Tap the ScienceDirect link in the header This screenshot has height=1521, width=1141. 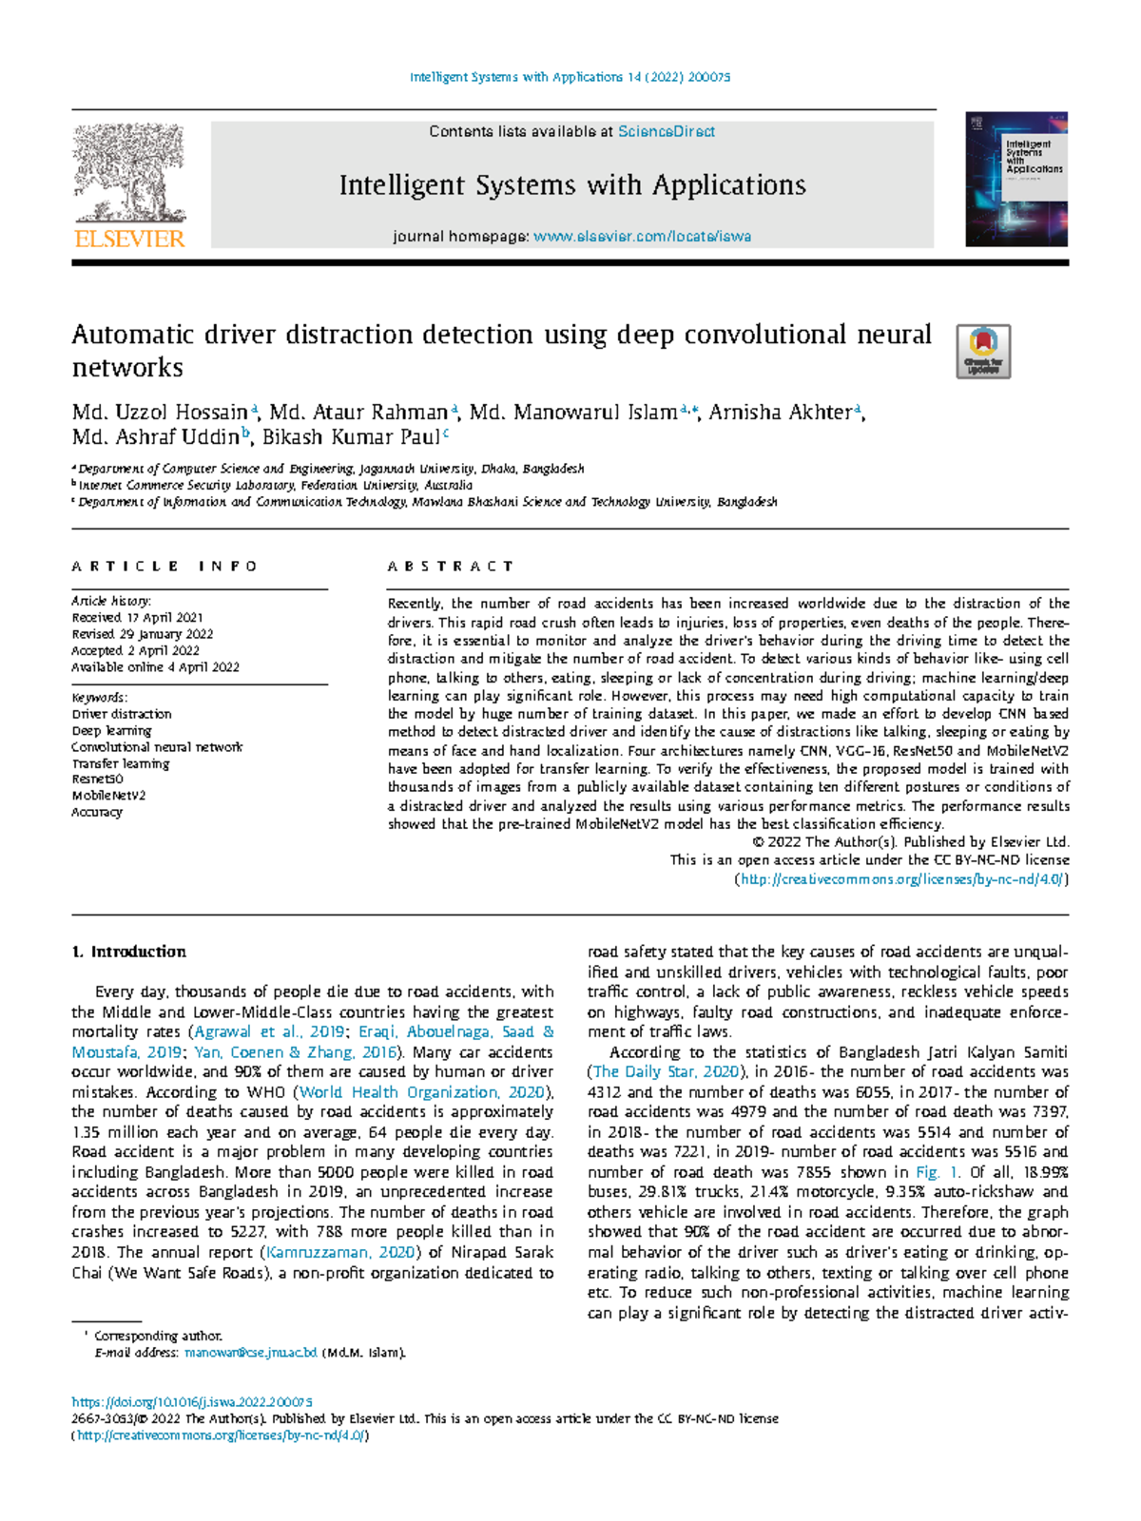[666, 132]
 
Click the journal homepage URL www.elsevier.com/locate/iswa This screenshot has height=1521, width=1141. [642, 237]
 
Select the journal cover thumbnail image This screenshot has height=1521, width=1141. [1015, 179]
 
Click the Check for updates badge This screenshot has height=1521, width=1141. [982, 351]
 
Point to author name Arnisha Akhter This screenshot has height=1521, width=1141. [781, 413]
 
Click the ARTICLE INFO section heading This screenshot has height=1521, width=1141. [164, 567]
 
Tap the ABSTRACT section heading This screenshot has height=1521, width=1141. [450, 567]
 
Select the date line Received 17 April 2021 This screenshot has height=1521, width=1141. [137, 618]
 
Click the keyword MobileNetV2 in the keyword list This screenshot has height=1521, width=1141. [108, 796]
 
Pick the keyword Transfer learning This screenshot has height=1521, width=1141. [120, 763]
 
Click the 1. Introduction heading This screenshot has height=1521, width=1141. [128, 952]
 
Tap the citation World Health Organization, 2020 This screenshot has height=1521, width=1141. [422, 1092]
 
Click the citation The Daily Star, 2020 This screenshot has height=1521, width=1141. [666, 1072]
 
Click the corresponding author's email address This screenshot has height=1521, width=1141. [250, 1353]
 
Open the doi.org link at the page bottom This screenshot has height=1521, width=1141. [192, 1402]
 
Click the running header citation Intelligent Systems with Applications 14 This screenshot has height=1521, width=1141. [570, 77]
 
